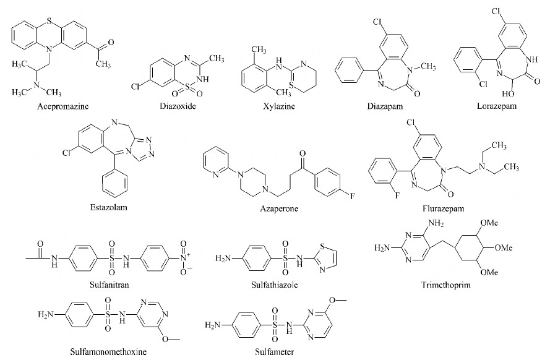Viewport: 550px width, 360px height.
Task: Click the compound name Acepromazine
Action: click(x=63, y=106)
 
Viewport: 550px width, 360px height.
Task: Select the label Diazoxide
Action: click(x=178, y=106)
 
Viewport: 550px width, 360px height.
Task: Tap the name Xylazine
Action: click(x=279, y=106)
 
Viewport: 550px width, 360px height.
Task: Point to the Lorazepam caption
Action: click(x=497, y=106)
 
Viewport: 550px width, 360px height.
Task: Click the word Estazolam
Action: click(x=109, y=207)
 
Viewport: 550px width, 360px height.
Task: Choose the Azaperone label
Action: click(x=279, y=209)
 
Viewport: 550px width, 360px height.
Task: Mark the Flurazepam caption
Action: click(x=444, y=209)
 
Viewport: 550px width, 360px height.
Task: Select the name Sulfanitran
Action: click(x=110, y=285)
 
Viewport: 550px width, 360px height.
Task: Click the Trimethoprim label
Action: click(x=446, y=285)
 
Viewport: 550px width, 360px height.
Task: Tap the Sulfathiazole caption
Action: click(x=274, y=285)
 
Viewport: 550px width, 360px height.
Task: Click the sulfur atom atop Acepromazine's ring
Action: click(x=49, y=22)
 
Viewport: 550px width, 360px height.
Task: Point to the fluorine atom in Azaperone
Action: click(x=352, y=196)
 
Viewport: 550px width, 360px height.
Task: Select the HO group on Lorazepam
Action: click(x=508, y=94)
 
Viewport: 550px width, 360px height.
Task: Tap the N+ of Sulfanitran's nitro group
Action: click(x=184, y=258)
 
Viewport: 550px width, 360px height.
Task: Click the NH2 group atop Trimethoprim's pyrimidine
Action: click(x=436, y=223)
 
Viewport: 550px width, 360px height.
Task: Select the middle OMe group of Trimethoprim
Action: click(x=504, y=248)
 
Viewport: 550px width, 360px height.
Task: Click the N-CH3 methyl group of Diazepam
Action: click(x=428, y=67)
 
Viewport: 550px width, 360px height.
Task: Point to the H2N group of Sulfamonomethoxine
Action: click(x=46, y=314)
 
